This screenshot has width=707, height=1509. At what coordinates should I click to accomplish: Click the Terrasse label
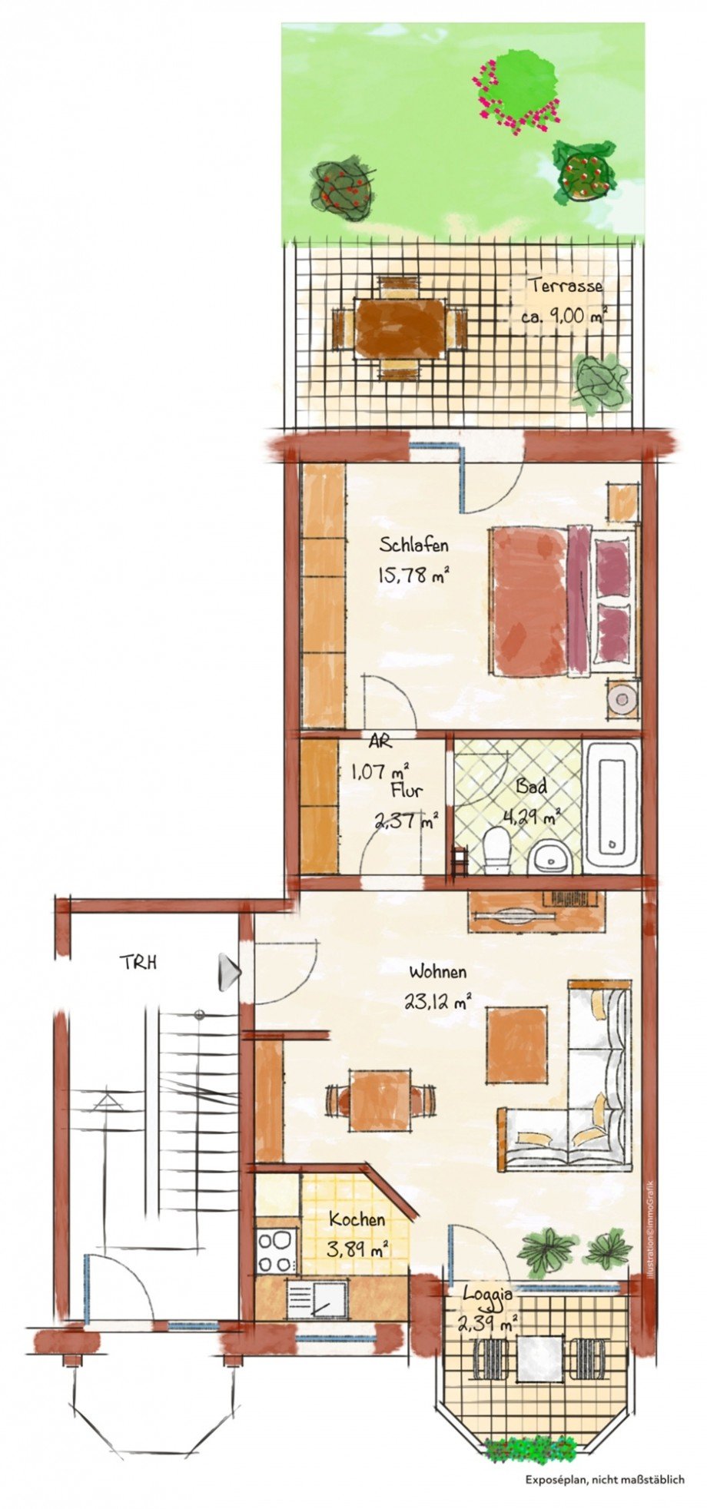tap(565, 286)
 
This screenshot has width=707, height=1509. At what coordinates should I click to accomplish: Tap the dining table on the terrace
tap(400, 328)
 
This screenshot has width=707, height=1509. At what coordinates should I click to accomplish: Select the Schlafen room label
tap(413, 546)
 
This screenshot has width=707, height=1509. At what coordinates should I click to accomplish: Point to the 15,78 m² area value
tap(413, 575)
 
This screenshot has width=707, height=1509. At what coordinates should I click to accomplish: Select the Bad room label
tap(531, 787)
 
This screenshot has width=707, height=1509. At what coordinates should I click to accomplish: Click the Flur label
tap(406, 791)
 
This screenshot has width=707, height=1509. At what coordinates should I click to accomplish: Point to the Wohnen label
tap(437, 973)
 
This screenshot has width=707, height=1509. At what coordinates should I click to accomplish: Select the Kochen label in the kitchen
tap(357, 1220)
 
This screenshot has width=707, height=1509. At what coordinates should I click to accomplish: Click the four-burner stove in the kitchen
tap(276, 1252)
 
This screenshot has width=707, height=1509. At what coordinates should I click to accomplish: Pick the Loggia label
tap(487, 1294)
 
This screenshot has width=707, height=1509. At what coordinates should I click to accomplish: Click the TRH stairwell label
tap(138, 962)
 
